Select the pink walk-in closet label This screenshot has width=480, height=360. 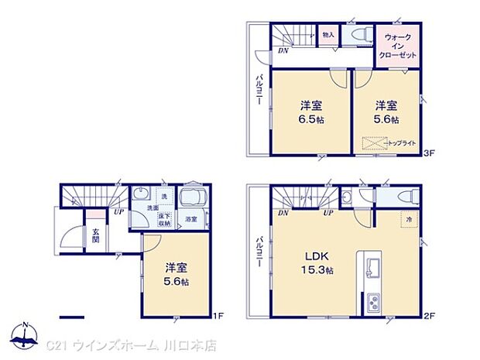[398, 46]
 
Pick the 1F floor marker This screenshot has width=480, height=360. [218, 316]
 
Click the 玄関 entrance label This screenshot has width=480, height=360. [96, 235]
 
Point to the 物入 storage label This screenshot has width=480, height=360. [328, 34]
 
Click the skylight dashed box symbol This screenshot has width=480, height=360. [375, 143]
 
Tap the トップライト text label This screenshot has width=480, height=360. [403, 143]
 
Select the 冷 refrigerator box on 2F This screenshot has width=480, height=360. [409, 220]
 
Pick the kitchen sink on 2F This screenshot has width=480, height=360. [369, 267]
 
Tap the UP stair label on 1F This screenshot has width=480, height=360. [118, 211]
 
